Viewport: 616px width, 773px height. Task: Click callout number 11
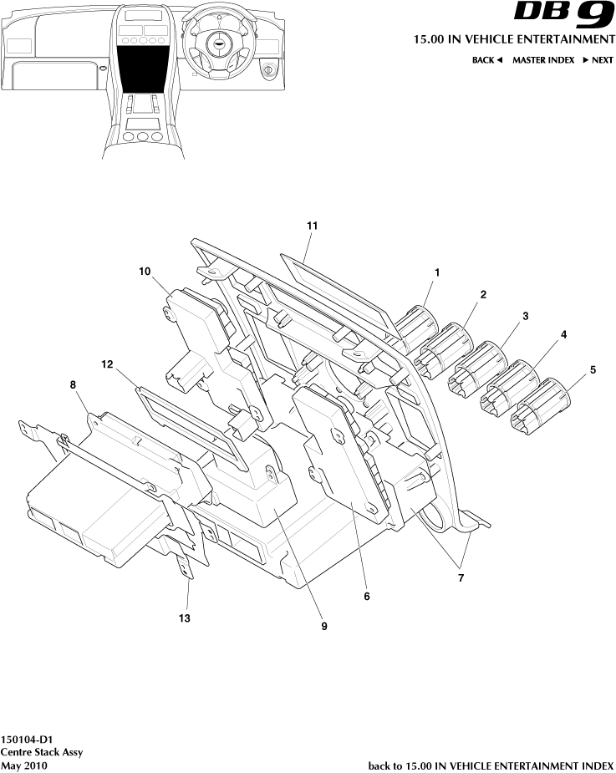(313, 226)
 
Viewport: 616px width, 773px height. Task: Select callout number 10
(145, 271)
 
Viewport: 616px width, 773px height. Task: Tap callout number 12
(106, 364)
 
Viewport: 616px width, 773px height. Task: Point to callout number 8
(73, 384)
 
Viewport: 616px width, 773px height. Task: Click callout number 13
(185, 618)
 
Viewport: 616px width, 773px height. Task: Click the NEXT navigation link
(598, 60)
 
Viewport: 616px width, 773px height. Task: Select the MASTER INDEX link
(543, 60)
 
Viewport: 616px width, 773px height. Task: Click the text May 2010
(24, 765)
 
